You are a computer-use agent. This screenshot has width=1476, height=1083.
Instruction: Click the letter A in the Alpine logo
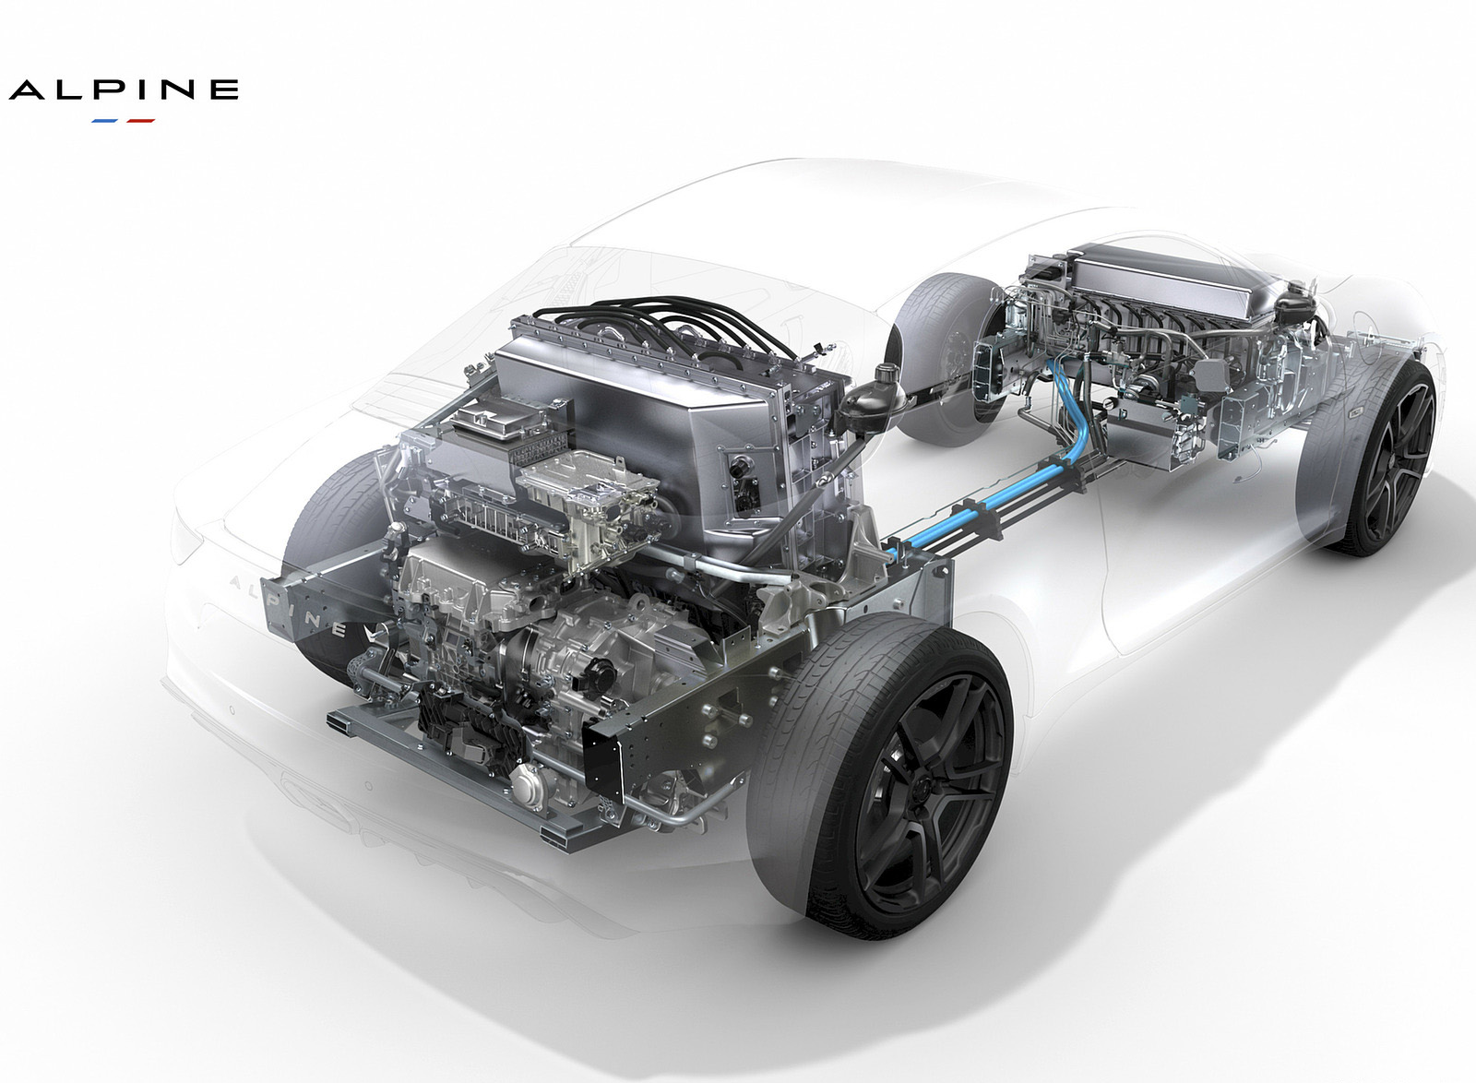tap(29, 90)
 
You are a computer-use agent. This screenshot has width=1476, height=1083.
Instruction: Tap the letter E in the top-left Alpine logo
tap(225, 90)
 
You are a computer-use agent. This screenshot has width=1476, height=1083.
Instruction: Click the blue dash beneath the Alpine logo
tap(104, 121)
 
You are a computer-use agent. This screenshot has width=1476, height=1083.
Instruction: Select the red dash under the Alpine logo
tap(140, 121)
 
